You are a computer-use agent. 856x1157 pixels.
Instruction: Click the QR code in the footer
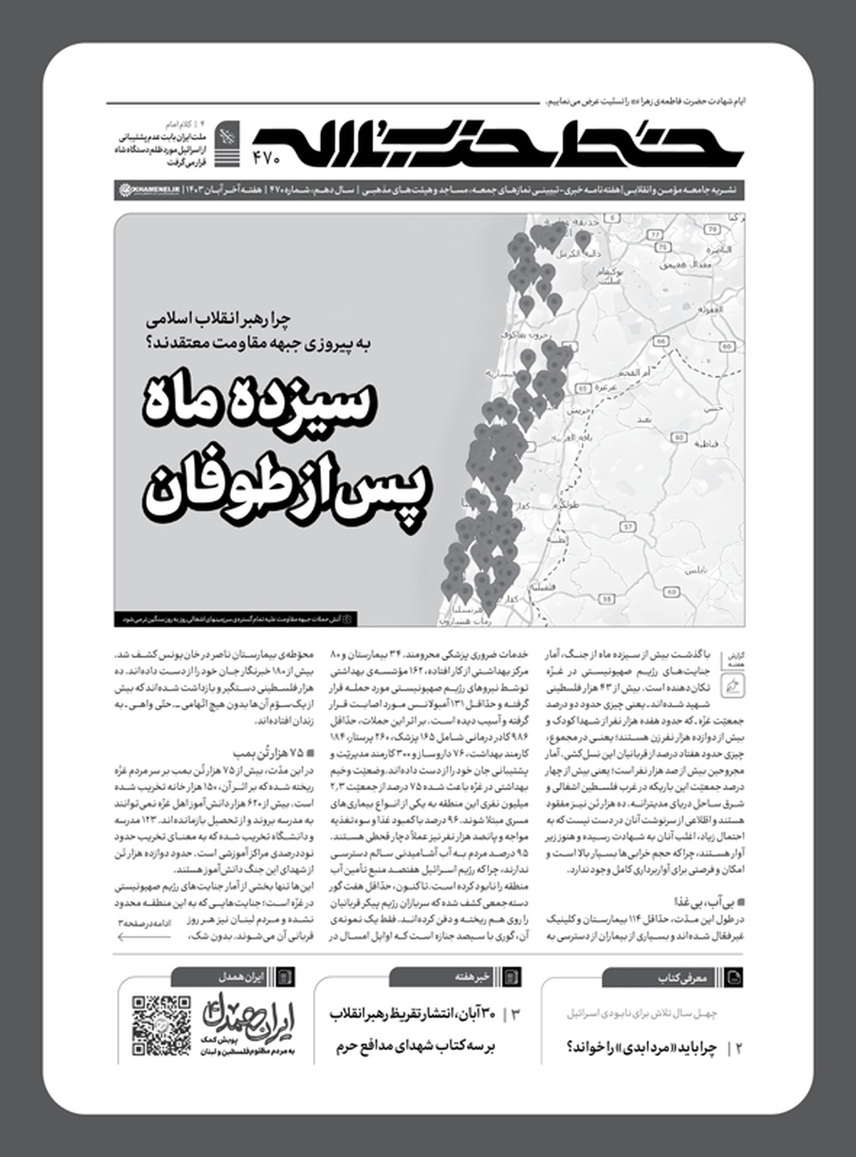(161, 1026)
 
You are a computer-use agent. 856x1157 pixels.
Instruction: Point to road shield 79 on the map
(711, 229)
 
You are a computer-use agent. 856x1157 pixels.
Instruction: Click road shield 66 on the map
(661, 342)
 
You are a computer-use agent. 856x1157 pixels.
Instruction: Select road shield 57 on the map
(628, 527)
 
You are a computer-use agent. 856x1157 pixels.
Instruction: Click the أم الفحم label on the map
(634, 373)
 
